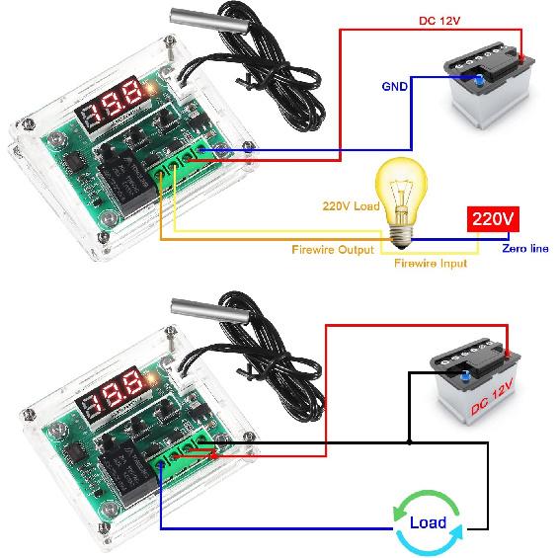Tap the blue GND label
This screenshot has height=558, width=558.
(x=394, y=86)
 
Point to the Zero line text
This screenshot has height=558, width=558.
(x=524, y=249)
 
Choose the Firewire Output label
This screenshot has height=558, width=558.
(x=333, y=250)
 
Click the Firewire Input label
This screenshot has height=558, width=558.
(x=431, y=264)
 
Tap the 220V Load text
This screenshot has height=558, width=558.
(x=350, y=207)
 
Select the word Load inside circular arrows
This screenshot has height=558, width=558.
(x=428, y=522)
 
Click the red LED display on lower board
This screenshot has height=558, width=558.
(x=112, y=395)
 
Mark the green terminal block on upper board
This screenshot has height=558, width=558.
(x=182, y=164)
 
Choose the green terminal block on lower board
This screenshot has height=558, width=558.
(x=184, y=449)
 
